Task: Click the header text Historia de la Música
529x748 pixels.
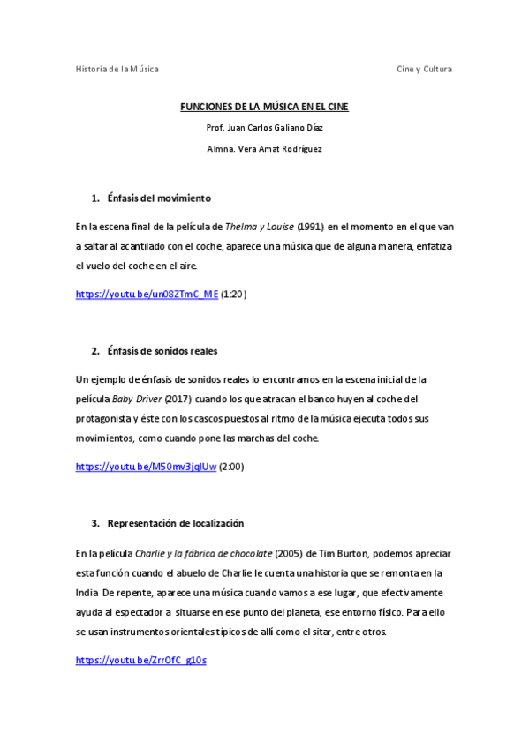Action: (117, 69)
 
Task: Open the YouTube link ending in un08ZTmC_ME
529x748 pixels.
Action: (147, 295)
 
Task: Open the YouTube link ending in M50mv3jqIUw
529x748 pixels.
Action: (146, 467)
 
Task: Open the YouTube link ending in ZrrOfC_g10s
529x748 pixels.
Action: (140, 660)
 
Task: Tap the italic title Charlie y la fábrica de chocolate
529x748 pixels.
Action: (203, 553)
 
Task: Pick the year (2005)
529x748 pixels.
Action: (291, 553)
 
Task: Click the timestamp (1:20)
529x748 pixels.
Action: (233, 295)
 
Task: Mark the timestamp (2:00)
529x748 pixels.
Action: (231, 467)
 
